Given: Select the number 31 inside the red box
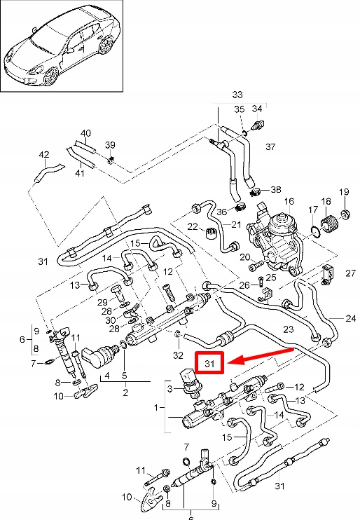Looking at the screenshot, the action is click(209, 364).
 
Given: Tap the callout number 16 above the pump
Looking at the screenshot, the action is click(289, 201).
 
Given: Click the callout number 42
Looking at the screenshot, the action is click(44, 155).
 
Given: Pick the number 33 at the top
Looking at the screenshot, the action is click(237, 95).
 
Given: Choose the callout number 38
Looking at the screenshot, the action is click(276, 189).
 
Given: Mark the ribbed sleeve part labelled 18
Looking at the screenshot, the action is click(329, 224).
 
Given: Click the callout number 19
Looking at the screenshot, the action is click(345, 192).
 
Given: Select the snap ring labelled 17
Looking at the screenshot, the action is click(315, 232).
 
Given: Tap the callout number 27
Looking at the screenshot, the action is click(350, 273).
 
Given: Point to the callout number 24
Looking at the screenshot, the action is click(350, 318).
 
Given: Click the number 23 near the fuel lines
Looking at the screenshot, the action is click(288, 329).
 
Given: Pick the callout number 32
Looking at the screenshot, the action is click(178, 355).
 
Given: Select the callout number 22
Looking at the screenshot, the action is click(193, 226).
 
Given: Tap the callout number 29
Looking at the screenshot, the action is click(102, 302).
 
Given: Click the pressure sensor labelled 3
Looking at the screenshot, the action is click(191, 384).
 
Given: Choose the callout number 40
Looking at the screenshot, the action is click(85, 133).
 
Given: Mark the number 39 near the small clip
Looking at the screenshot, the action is click(110, 145).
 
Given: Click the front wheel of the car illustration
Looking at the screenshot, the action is click(50, 76).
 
